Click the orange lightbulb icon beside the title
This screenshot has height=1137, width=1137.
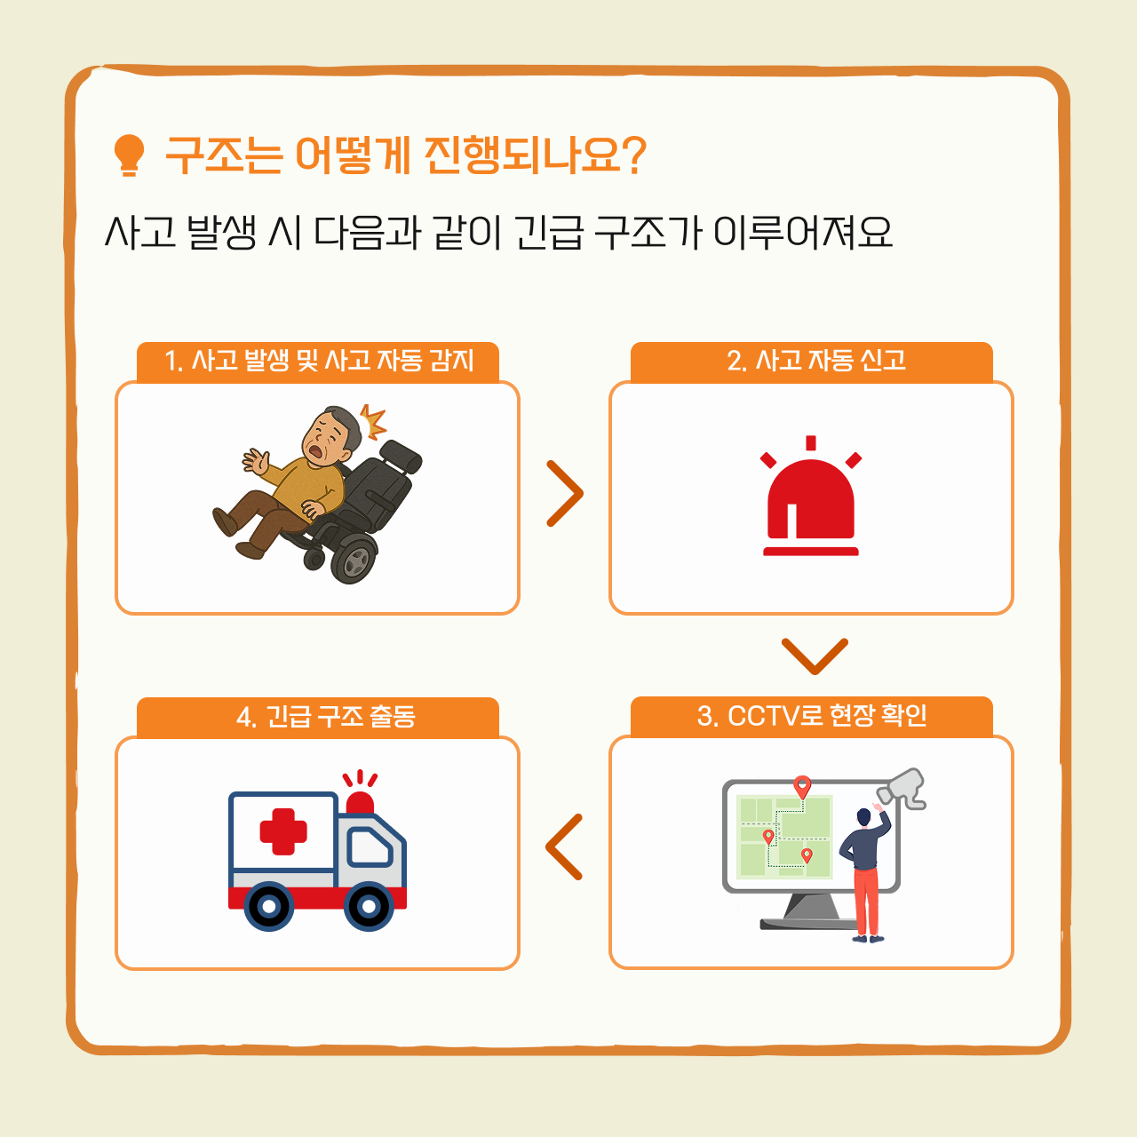click(129, 155)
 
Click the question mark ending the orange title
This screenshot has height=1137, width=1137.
click(633, 155)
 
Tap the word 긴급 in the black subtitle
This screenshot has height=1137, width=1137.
click(549, 232)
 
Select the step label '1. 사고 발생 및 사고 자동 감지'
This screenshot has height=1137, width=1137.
click(319, 361)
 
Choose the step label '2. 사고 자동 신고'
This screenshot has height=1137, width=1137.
click(816, 360)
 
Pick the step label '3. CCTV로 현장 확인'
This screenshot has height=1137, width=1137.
click(811, 715)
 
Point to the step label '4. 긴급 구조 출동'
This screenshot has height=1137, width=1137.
click(326, 716)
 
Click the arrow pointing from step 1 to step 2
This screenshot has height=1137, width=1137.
click(565, 493)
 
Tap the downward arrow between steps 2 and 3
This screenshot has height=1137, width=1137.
click(815, 656)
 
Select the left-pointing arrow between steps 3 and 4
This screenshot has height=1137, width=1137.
click(564, 847)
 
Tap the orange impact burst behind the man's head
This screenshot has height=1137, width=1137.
click(373, 421)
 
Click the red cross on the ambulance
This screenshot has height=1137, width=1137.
click(283, 831)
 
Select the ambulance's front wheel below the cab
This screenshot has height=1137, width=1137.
click(369, 906)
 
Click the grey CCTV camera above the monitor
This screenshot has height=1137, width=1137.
click(901, 788)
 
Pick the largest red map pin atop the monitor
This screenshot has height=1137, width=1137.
click(802, 787)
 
